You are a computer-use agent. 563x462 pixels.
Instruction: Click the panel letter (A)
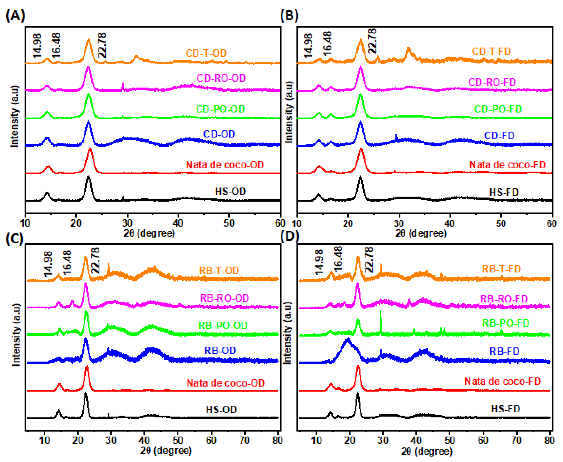coord(15,15)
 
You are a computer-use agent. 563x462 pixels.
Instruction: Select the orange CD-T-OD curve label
coord(206,53)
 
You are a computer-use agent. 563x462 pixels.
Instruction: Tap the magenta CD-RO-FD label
coord(492,82)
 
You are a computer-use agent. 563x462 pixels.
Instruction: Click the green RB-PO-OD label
coord(223,325)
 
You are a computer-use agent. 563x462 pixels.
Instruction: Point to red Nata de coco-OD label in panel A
coord(225,165)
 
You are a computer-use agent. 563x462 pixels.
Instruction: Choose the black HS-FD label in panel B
coord(504,192)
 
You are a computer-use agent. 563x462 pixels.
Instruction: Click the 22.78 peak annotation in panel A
coord(102,45)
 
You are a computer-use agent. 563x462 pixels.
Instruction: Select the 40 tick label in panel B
coord(449,223)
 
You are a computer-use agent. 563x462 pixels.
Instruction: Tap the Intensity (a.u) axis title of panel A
coord(15,116)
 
